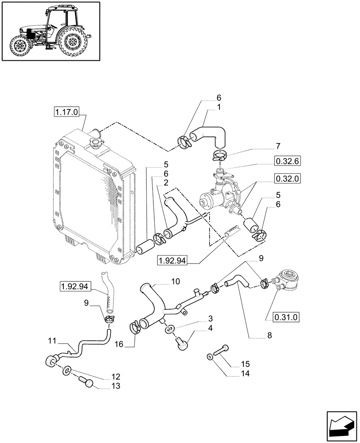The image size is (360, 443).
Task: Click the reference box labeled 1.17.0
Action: coord(67,113)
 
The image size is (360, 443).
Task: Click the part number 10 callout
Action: coord(175,281)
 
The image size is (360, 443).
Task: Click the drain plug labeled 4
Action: coord(183,344)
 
